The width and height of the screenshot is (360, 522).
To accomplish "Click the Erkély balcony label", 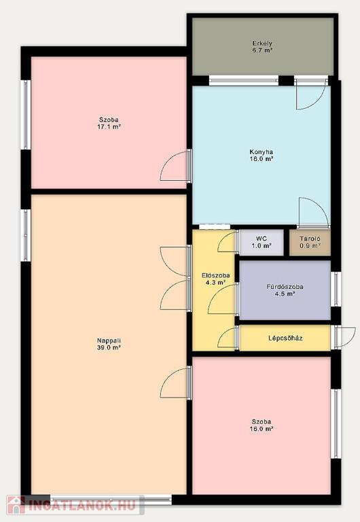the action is click(x=262, y=43).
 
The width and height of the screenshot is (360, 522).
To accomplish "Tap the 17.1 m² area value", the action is click(x=109, y=126).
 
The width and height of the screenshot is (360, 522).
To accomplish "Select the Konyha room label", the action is click(x=262, y=152).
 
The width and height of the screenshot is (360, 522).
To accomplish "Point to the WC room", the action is click(x=262, y=243).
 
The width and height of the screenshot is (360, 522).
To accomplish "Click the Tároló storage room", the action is click(x=310, y=243).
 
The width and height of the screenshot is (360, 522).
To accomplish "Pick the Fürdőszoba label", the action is click(x=285, y=287).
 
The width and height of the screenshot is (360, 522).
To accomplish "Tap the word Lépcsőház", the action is click(x=285, y=338).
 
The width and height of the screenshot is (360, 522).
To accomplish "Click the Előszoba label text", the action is click(x=215, y=276).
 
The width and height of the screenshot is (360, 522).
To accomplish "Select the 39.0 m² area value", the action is click(x=109, y=347).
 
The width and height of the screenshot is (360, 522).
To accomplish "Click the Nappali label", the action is click(x=109, y=341).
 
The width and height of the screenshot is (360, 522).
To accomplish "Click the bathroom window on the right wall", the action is click(x=336, y=289).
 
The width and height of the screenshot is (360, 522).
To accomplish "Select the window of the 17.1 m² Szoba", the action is click(x=25, y=114).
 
